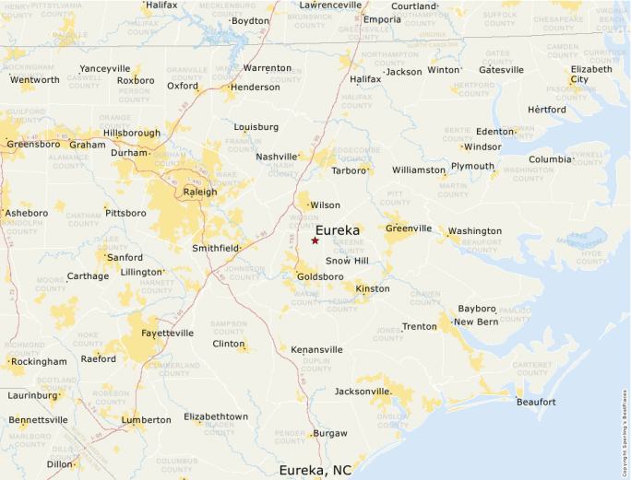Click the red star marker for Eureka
pos(315,240)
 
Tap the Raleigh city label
pos(200,192)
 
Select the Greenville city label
pos(408,228)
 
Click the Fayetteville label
pos(168,333)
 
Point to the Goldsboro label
pos(320,276)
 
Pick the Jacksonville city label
pos(363,392)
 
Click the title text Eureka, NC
pos(315,470)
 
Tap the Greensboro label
pos(33,144)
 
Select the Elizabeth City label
pos(591,75)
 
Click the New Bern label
pos(476,322)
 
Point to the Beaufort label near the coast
pos(536,402)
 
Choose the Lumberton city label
pos(146,419)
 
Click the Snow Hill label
pos(347,262)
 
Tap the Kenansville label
pos(316,350)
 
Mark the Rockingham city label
pos(39,362)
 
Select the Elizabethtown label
pos(216,416)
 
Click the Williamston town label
pos(418,170)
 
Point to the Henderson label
pos(255,88)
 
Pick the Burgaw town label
pos(330,433)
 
